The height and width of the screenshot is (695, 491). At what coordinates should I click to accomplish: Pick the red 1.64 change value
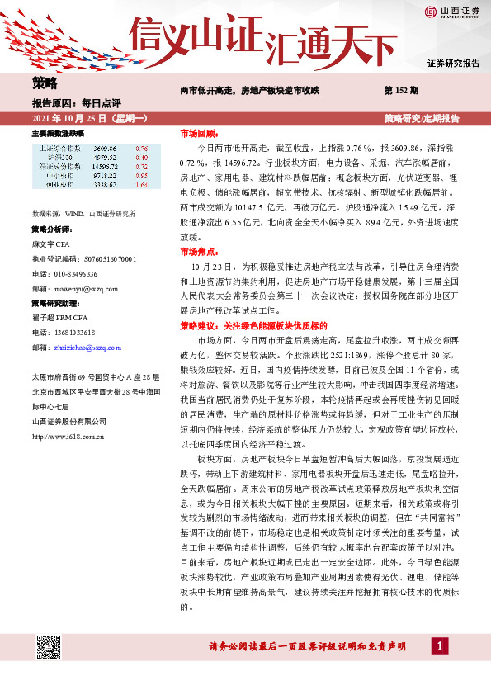click(x=141, y=186)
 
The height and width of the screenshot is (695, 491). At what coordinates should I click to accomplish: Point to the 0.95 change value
click(x=141, y=176)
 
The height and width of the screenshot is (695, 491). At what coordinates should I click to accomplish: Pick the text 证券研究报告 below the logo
click(x=453, y=64)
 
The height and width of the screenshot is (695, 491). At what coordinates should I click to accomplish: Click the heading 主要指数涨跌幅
click(x=58, y=133)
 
